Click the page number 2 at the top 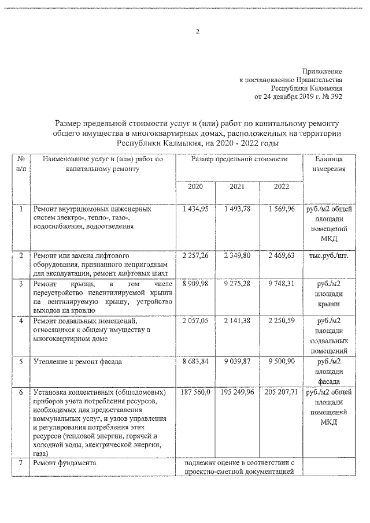tap(197, 32)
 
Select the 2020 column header tap(195, 186)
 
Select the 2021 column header tap(237, 186)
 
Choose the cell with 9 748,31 tap(282, 284)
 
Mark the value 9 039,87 tap(237, 361)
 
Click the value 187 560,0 tap(196, 391)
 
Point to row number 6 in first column tap(21, 391)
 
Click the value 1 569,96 tap(282, 209)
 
